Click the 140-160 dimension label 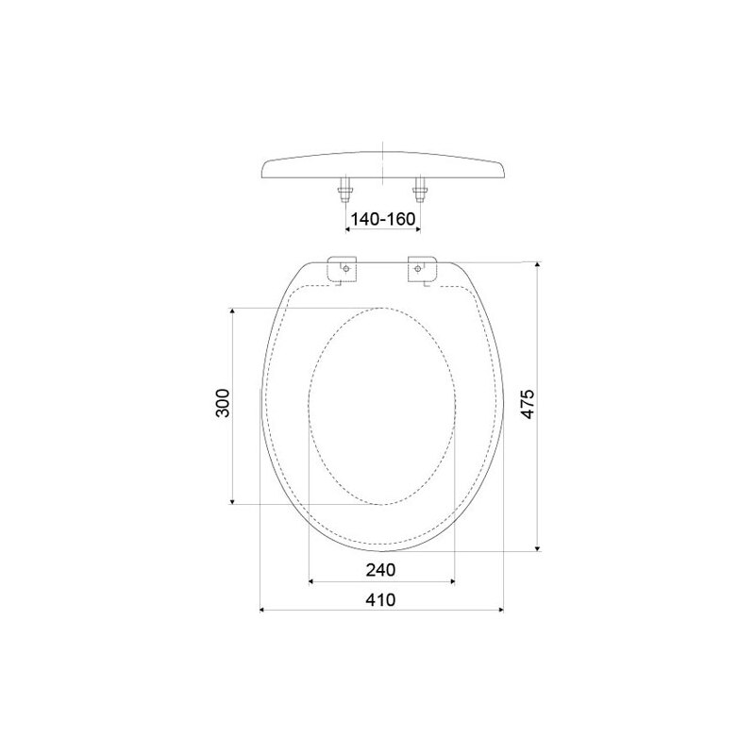coord(382,219)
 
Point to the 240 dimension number coord(380,570)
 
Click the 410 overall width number coord(380,600)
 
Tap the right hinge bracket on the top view coord(421,269)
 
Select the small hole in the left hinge coord(346,270)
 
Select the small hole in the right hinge coord(420,270)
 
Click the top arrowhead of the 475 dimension coord(538,265)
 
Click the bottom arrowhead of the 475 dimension coord(538,546)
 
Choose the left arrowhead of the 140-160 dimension coord(347,228)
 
